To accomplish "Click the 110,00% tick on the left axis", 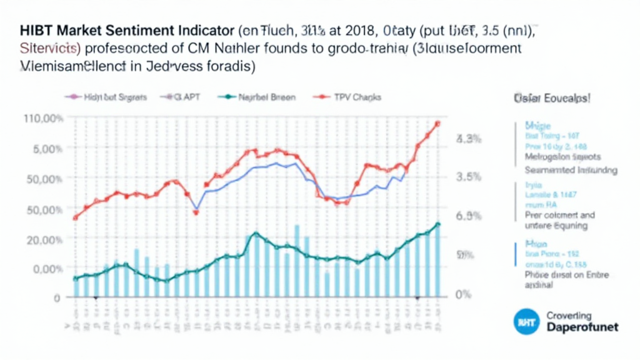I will tap(42, 118).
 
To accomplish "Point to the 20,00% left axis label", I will tap(42, 239).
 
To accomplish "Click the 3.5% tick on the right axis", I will tap(469, 176).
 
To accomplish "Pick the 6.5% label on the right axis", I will tap(469, 216).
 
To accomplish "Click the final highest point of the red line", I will tap(437, 124).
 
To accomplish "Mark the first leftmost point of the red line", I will tap(75, 217).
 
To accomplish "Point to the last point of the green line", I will tap(438, 224).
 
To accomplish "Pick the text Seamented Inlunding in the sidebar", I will tap(571, 170).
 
